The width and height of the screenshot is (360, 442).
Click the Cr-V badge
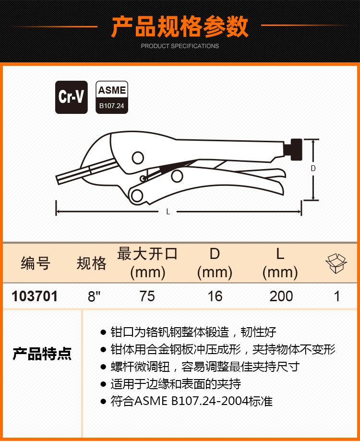(x=71, y=97)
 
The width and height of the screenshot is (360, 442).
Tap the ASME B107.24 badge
(x=112, y=97)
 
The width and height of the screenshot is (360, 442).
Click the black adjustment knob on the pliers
(x=296, y=149)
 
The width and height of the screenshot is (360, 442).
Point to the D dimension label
(x=313, y=169)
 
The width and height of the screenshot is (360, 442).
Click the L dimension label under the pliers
(x=168, y=212)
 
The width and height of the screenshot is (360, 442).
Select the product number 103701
(x=35, y=296)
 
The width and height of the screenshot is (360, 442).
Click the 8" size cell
(x=94, y=296)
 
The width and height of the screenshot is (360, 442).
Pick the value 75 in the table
(x=147, y=296)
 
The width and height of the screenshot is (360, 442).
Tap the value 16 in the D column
(x=215, y=296)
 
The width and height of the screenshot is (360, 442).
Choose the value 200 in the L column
(x=281, y=296)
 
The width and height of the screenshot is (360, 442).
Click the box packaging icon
(x=336, y=263)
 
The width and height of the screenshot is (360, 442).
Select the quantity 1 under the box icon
(x=337, y=296)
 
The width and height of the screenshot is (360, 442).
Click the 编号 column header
(x=36, y=263)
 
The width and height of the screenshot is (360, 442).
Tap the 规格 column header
(x=92, y=263)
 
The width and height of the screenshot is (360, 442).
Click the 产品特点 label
(x=42, y=354)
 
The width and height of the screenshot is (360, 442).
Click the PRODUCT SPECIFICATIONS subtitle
(x=180, y=46)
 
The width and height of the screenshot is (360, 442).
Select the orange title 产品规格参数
(x=180, y=27)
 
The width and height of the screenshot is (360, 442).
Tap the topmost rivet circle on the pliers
(x=138, y=158)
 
